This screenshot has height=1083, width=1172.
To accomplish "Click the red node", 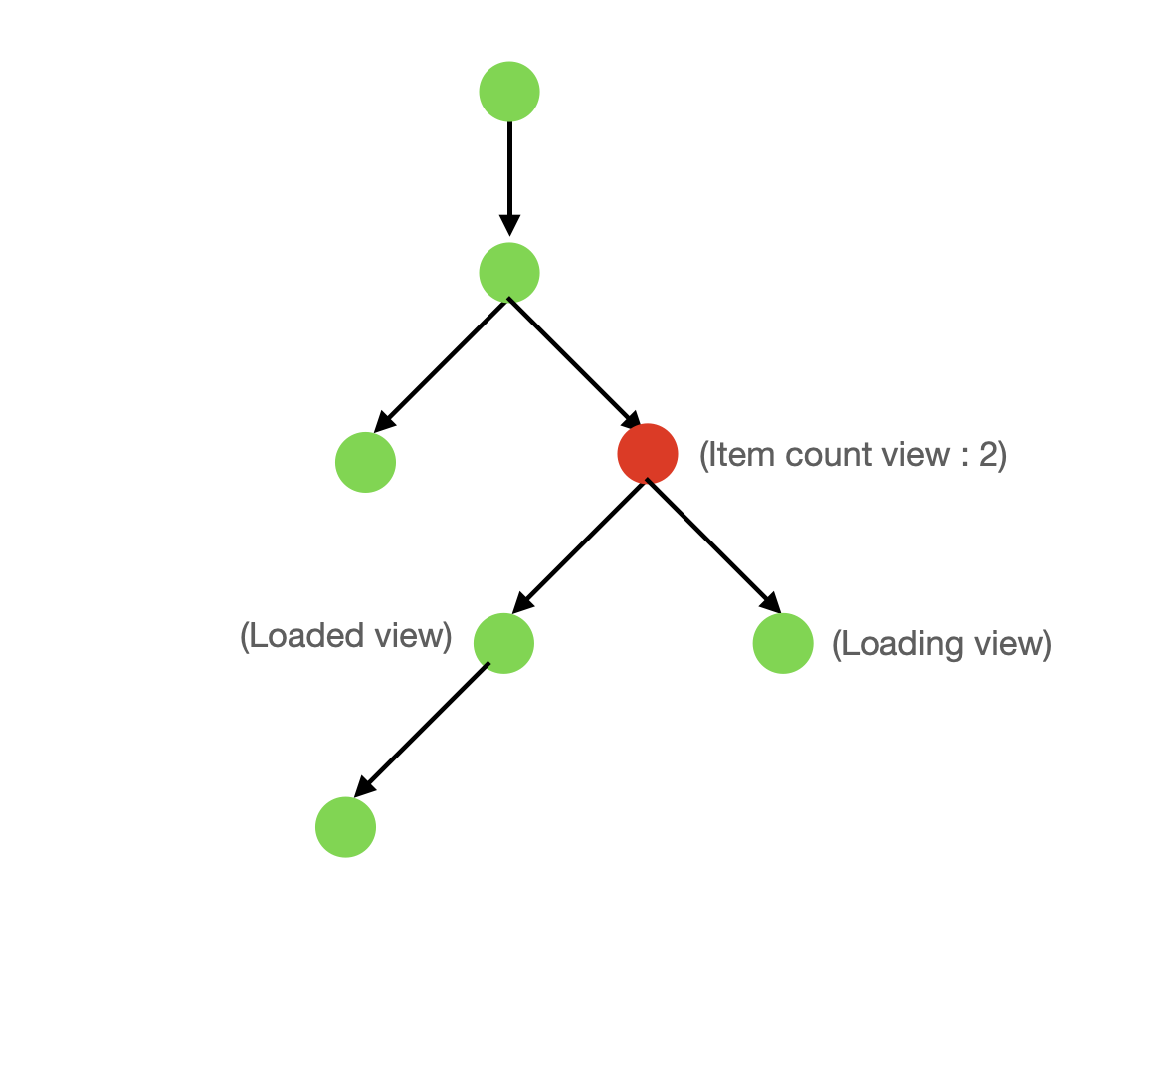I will [648, 454].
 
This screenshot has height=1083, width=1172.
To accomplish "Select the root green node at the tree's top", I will [509, 92].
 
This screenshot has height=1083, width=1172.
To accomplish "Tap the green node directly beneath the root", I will [509, 273].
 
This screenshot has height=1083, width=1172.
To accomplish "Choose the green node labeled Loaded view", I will [503, 643].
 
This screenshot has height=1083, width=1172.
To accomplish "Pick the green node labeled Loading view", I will [783, 643].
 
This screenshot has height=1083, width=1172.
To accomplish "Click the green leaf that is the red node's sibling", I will [365, 462].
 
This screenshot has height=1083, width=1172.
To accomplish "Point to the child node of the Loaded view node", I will [345, 827].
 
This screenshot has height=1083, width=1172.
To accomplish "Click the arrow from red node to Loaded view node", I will [579, 548].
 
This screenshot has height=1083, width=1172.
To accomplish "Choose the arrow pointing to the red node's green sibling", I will [441, 365].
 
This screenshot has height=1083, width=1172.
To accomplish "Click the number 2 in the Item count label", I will [987, 455].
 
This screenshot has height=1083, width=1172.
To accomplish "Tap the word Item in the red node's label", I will [740, 455].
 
